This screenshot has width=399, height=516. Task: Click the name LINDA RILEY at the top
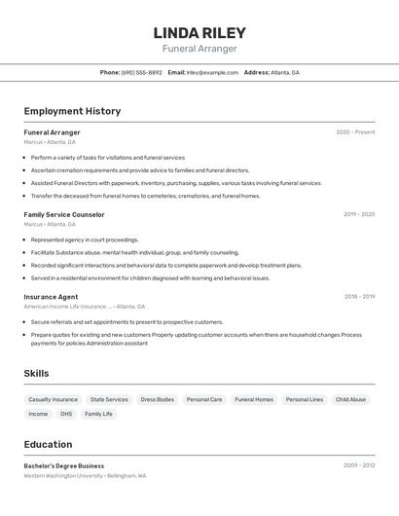pyautogui.click(x=199, y=33)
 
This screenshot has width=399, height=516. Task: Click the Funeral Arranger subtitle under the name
pyautogui.click(x=199, y=49)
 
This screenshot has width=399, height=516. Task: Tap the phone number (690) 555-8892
pyautogui.click(x=142, y=72)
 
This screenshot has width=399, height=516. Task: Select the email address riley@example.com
pyautogui.click(x=212, y=72)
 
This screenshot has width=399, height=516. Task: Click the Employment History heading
pyautogui.click(x=72, y=111)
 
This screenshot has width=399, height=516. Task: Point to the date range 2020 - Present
pyautogui.click(x=355, y=132)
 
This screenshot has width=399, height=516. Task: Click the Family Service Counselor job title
pyautogui.click(x=64, y=214)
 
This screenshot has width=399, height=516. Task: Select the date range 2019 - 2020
pyautogui.click(x=359, y=214)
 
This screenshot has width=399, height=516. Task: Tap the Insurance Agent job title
pyautogui.click(x=51, y=297)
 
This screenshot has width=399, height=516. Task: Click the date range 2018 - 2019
pyautogui.click(x=359, y=297)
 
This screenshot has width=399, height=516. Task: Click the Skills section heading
pyautogui.click(x=37, y=374)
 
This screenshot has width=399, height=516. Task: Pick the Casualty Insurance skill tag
pyautogui.click(x=53, y=399)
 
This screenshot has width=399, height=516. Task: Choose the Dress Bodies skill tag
pyautogui.click(x=157, y=399)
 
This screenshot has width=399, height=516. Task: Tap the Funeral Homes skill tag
pyautogui.click(x=254, y=399)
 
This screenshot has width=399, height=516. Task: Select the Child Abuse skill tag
pyautogui.click(x=350, y=399)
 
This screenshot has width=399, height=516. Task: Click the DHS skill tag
pyautogui.click(x=66, y=414)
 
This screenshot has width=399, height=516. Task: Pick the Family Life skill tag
pyautogui.click(x=98, y=414)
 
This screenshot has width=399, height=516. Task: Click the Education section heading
pyautogui.click(x=48, y=444)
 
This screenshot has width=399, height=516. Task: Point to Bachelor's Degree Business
pyautogui.click(x=64, y=465)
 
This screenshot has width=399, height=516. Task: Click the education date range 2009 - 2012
pyautogui.click(x=359, y=465)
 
